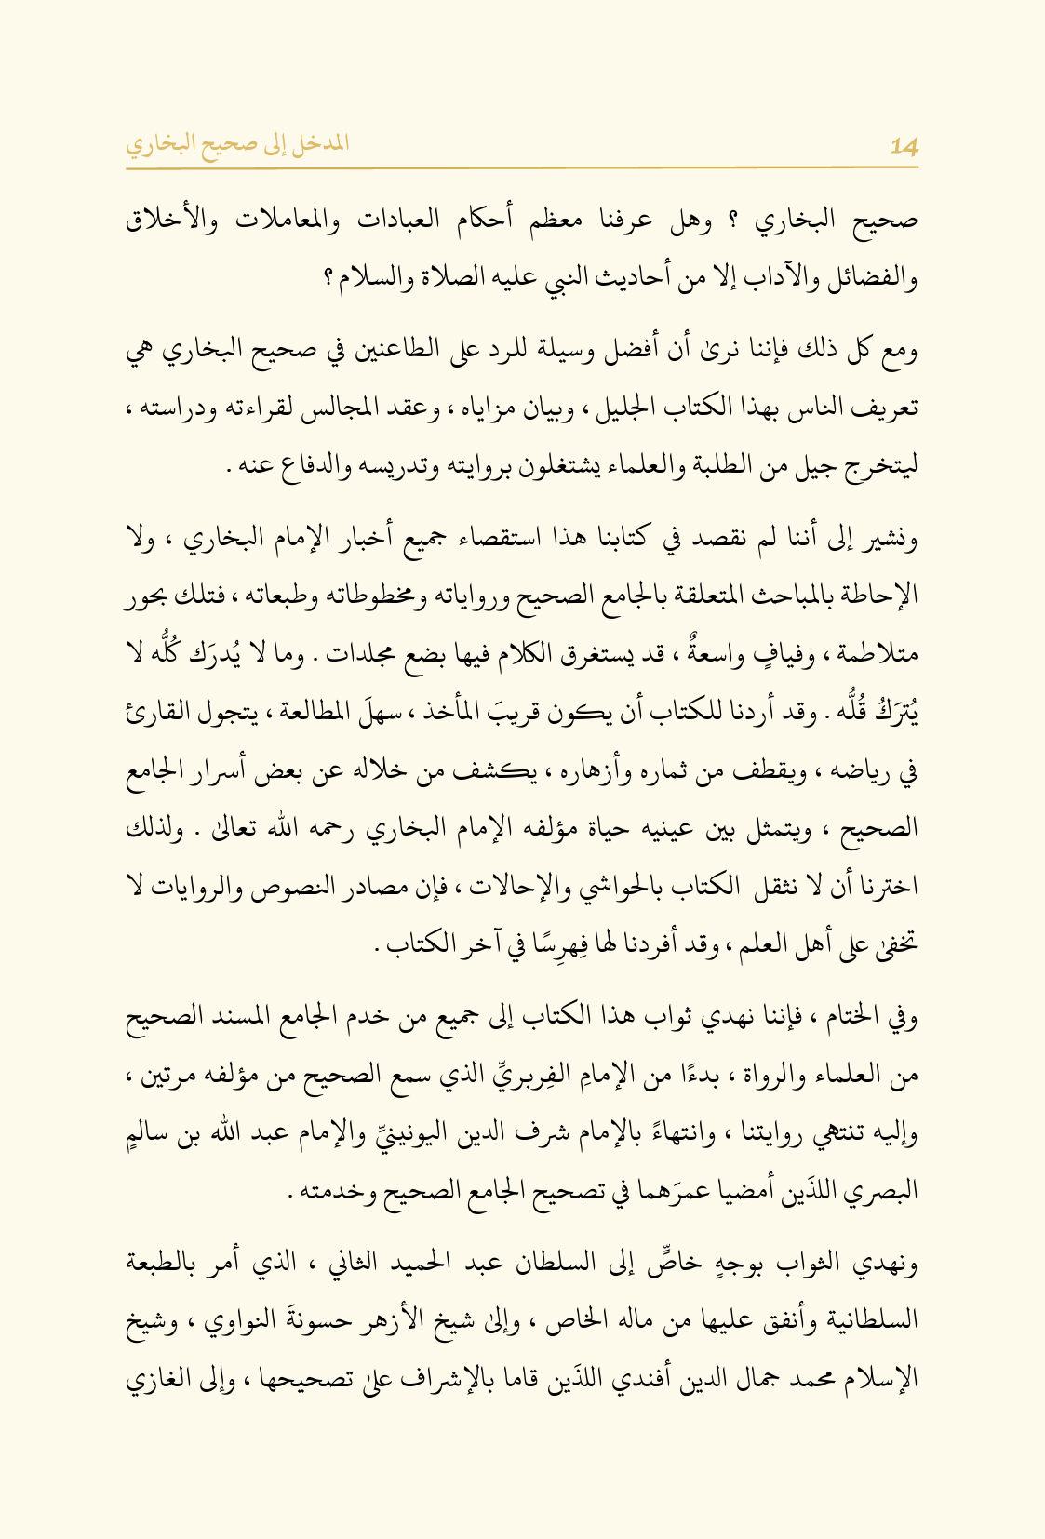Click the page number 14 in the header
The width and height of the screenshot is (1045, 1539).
(904, 146)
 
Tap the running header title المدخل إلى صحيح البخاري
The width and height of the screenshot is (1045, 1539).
(237, 144)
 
